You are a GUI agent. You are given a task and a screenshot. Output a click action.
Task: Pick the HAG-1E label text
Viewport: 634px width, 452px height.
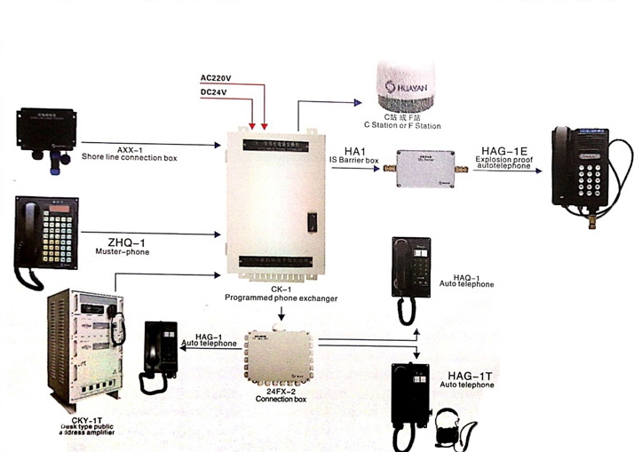point(504,151)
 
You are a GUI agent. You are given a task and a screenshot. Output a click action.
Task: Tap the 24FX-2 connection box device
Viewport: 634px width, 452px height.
point(279,355)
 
